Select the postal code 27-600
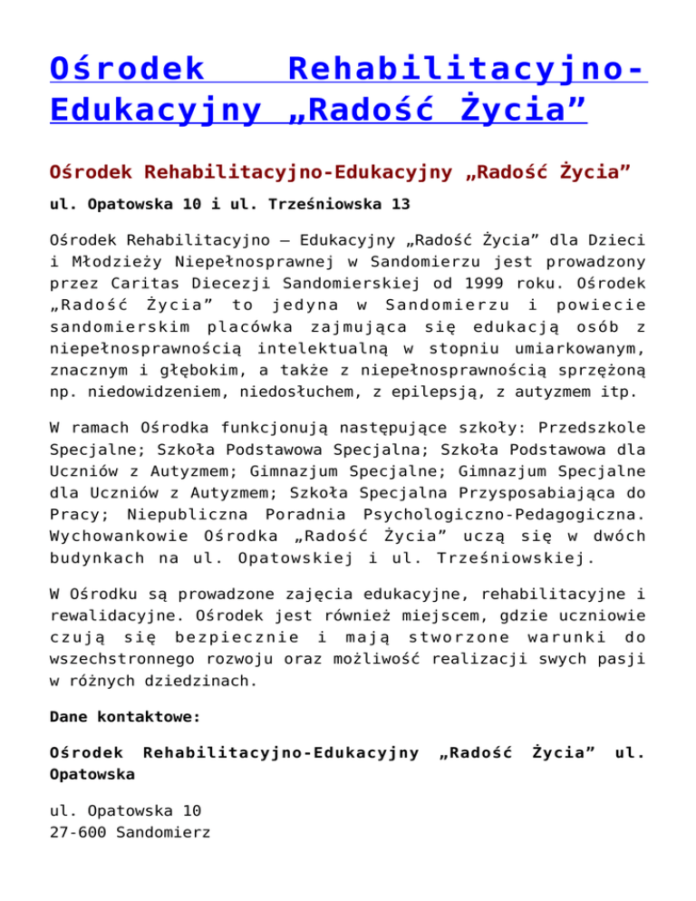click(81, 828)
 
